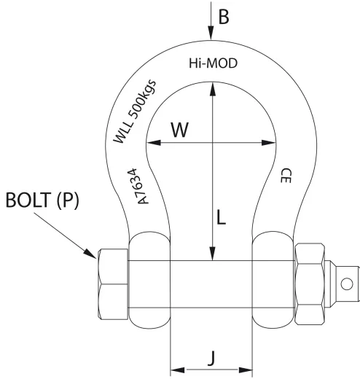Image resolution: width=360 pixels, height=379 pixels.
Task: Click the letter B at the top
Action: point(224,17)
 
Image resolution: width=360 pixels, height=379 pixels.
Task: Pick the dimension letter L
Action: point(224,217)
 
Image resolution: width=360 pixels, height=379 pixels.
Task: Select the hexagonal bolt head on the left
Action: point(113,283)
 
